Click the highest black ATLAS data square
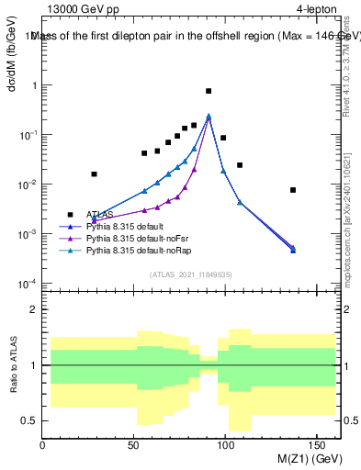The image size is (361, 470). pyautogui.click(x=209, y=91)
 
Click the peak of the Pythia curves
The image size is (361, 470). pyautogui.click(x=209, y=116)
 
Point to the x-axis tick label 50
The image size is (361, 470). pyautogui.click(x=134, y=445)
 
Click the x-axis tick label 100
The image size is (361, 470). pyautogui.click(x=226, y=445)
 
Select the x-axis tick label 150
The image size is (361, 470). pyautogui.click(x=318, y=445)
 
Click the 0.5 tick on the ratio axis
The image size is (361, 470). pyautogui.click(x=29, y=420)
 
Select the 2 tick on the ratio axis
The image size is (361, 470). pyautogui.click(x=33, y=309)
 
